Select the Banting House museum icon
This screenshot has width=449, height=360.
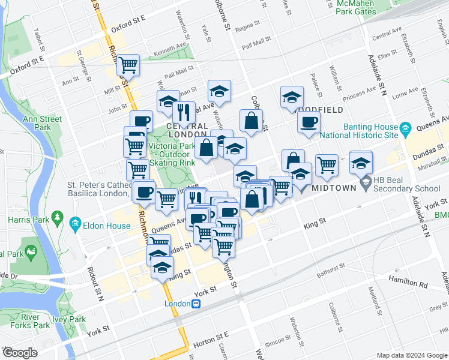pos(405,128)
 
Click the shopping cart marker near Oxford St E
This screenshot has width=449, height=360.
pos(127,64)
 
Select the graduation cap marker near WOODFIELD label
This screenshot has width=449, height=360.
pos(292,97)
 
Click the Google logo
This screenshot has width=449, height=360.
pos(20,353)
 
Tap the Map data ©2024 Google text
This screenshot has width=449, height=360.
pos(412,355)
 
